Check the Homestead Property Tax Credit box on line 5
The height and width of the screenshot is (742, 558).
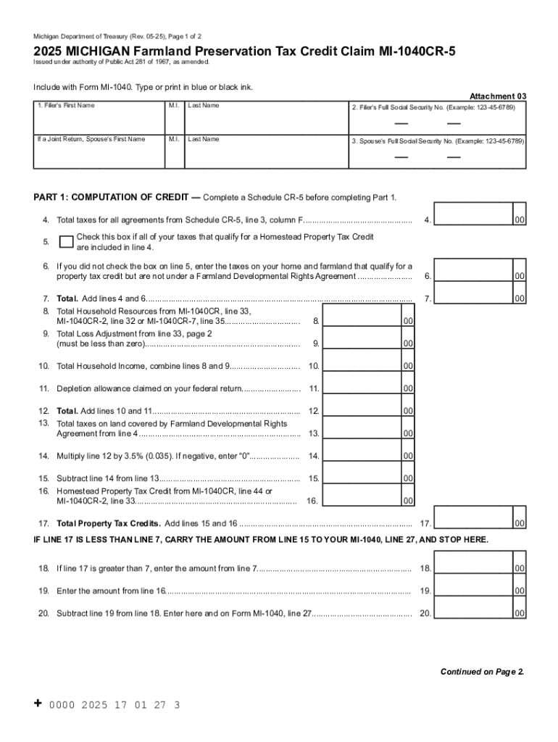(66, 241)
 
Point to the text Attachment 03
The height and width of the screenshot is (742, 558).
(498, 96)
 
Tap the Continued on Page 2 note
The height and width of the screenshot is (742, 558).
(482, 672)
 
